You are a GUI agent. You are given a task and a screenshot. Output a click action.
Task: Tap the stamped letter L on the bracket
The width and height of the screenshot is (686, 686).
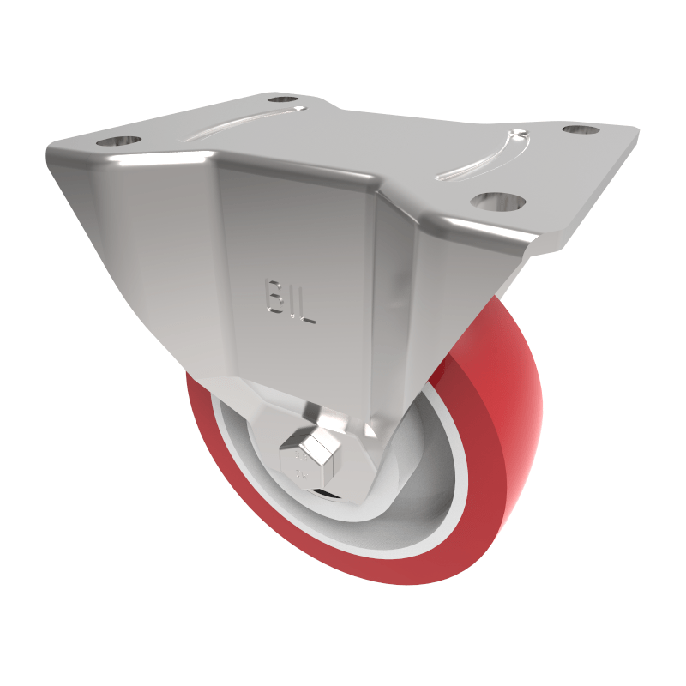coord(308,307)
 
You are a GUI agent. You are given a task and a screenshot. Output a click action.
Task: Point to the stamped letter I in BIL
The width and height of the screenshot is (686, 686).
coord(290,303)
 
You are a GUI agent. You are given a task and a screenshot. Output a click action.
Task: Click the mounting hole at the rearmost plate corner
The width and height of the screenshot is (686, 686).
coord(282,99)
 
